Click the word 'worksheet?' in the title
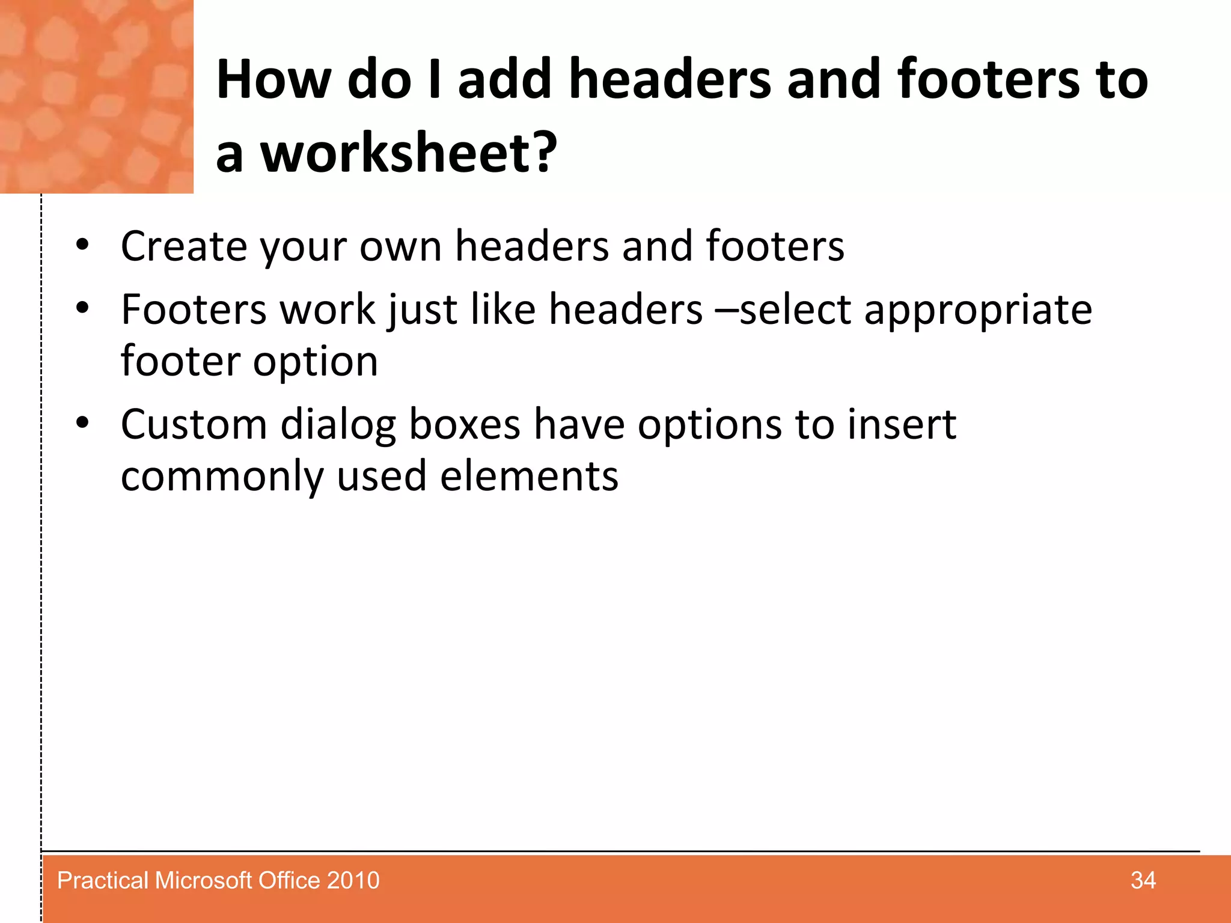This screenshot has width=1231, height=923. pyautogui.click(x=409, y=153)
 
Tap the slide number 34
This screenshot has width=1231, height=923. pyautogui.click(x=1143, y=880)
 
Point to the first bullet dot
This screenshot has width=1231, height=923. pyautogui.click(x=82, y=245)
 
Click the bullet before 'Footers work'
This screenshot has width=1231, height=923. pyautogui.click(x=82, y=309)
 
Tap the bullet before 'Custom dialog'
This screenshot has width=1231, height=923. pyautogui.click(x=82, y=424)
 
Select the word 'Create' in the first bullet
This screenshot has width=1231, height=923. pyautogui.click(x=184, y=246)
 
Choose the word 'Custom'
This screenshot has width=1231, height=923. pyautogui.click(x=194, y=425)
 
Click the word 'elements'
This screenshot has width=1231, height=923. pyautogui.click(x=529, y=477)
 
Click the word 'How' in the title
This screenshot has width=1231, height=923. pyautogui.click(x=273, y=79)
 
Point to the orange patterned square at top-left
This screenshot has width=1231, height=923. pyautogui.click(x=96, y=96)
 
